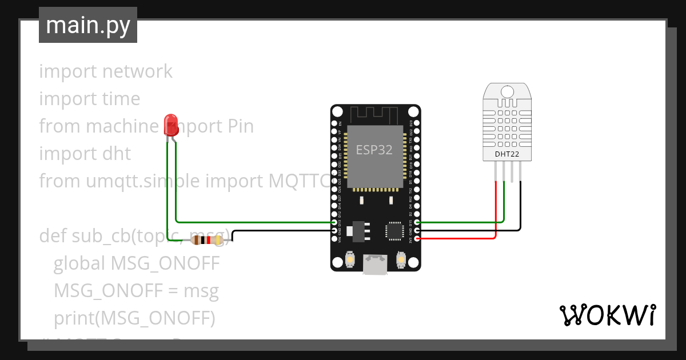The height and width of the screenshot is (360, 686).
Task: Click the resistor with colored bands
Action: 207,241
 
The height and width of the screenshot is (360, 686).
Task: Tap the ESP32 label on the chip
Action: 374,150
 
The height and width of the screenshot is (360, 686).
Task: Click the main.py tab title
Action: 87,25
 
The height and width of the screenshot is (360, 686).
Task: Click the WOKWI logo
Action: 607,315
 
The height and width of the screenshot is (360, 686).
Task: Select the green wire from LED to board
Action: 252,222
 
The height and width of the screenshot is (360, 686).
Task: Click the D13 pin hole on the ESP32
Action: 334,222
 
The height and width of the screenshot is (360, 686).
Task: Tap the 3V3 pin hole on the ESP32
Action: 417,238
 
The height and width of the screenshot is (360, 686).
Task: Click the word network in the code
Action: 137,71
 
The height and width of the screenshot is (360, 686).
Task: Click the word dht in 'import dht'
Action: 116,154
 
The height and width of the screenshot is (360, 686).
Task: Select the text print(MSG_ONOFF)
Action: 134,318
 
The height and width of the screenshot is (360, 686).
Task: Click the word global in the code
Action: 79,263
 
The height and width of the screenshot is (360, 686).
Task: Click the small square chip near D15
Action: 394,230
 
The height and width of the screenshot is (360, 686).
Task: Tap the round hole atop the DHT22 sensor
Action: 506,91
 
